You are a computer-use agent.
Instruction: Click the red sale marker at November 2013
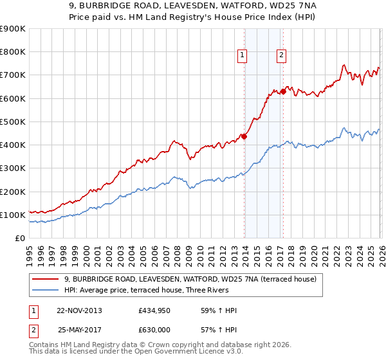pyautogui.click(x=244, y=136)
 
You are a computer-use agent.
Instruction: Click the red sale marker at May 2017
pyautogui.click(x=284, y=91)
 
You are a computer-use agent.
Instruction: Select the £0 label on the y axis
pyautogui.click(x=20, y=239)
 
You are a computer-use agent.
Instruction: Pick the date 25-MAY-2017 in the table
pyautogui.click(x=80, y=329)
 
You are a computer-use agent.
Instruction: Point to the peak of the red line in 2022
pyautogui.click(x=344, y=65)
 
